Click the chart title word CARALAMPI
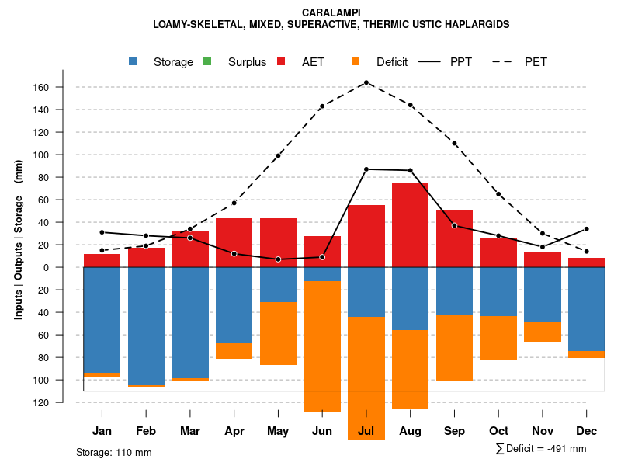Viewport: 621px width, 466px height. tap(331, 12)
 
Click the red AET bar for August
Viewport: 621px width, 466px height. tap(410, 225)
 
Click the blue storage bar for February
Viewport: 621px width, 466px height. tap(146, 325)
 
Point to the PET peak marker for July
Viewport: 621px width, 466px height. tap(366, 82)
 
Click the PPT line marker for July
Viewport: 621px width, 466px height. tap(366, 169)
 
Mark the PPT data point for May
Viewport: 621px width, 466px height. tap(278, 259)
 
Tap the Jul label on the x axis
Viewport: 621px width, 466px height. tap(366, 431)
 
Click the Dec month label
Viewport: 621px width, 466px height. tap(586, 431)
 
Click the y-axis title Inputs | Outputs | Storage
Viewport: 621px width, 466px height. tap(19, 238)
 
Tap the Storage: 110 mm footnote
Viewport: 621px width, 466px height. tap(113, 452)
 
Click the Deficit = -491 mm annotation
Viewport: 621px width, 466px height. tap(541, 449)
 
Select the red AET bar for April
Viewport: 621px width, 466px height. tap(234, 242)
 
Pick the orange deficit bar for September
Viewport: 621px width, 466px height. tap(454, 348)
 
